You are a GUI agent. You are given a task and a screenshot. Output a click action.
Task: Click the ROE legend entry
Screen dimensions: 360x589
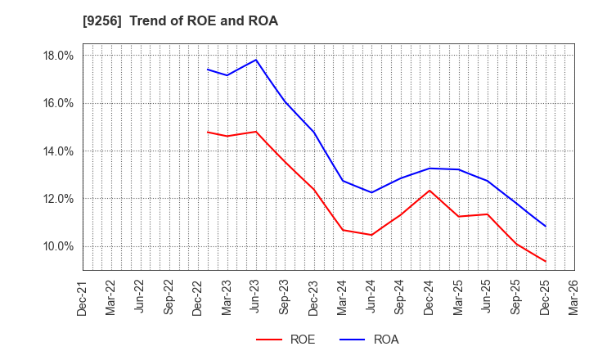pos(286,340)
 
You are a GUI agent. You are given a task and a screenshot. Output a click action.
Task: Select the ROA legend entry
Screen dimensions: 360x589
pos(371,340)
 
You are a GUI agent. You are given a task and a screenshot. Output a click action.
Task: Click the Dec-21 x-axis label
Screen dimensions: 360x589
pos(83,296)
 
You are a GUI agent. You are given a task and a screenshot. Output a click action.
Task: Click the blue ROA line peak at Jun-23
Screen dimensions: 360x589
pos(256,60)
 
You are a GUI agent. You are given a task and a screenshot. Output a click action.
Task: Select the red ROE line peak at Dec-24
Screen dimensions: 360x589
pos(429,191)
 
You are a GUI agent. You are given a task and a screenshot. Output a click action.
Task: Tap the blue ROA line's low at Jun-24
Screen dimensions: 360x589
pos(371,192)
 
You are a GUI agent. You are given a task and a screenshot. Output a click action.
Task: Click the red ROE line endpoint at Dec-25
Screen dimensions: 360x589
pos(545,261)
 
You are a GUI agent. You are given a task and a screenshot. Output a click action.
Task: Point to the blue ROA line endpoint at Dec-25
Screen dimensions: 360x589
pos(545,226)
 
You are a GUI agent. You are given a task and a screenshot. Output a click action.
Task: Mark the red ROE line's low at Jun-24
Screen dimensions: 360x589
pos(371,235)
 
